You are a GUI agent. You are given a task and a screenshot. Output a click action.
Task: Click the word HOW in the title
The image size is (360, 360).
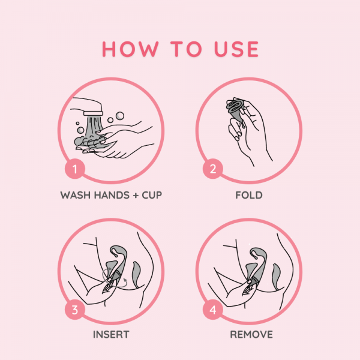coord(130,49)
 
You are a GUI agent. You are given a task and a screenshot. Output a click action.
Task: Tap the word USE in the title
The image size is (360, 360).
coord(236,49)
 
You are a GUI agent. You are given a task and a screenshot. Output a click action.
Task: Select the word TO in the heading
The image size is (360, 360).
coord(186,49)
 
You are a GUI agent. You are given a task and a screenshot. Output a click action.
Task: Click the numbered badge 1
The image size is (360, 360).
coord(75,169)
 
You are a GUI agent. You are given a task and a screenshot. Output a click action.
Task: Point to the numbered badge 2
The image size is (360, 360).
coord(213,169)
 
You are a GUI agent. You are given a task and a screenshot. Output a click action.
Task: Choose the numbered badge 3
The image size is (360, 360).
coord(75,310)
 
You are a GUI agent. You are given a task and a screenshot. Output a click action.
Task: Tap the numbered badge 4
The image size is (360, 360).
coord(213,310)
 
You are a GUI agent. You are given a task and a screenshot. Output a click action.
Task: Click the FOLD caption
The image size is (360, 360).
coord(249,195)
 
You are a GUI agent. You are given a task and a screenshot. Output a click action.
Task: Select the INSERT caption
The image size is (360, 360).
coord(111,335)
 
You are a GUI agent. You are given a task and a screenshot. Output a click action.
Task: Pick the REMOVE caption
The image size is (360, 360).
coord(251,335)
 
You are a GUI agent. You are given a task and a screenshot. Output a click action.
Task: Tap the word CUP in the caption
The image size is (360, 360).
coord(152,195)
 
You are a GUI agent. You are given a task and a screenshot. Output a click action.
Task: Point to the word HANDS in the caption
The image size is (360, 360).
coord(112,195)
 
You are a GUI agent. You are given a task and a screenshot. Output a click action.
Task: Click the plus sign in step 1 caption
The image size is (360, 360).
coord(136,196)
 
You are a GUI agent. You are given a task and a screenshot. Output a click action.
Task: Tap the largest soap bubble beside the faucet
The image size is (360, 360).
coord(120,116)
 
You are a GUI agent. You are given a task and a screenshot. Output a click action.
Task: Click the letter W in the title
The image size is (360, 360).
coord(149,49)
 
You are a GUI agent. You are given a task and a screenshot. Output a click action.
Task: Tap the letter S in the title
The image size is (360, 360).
coord(238,49)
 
